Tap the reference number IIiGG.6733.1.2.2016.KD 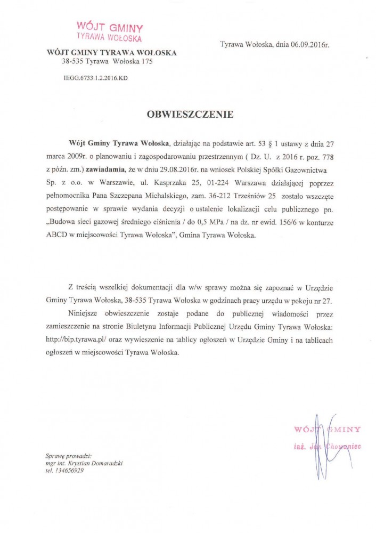point(96,78)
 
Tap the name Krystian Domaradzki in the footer point(96,464)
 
